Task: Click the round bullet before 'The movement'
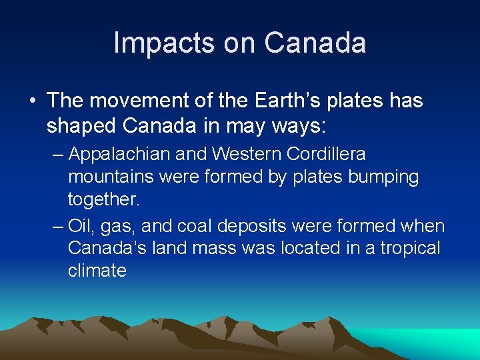pos(33,101)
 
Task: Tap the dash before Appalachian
pos(58,155)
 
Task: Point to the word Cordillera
pos(327,155)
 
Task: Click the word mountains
pos(110,178)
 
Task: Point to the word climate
pos(97,271)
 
